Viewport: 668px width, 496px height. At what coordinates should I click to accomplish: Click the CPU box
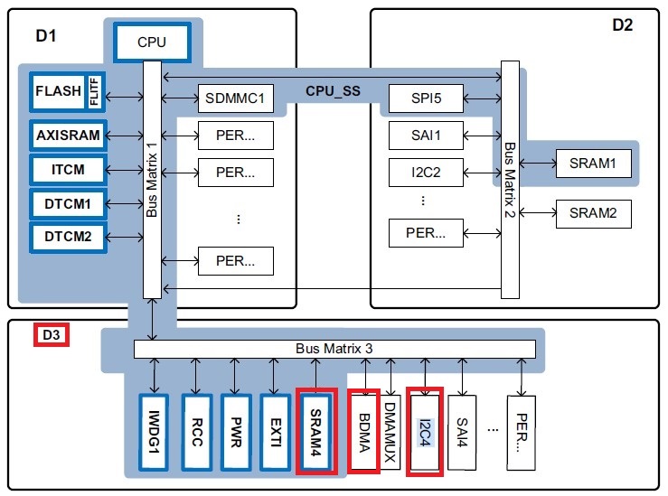152,42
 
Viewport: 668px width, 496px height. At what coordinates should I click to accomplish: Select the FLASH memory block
58,92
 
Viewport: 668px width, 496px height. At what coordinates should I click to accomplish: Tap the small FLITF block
95,92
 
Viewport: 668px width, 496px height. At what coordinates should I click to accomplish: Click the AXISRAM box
68,135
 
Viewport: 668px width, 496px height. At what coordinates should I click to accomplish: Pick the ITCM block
68,169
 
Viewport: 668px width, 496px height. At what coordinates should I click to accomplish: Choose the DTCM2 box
68,238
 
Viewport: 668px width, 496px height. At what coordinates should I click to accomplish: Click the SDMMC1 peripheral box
235,97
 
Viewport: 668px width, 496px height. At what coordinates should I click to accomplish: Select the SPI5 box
426,97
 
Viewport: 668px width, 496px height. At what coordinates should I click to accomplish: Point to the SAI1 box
426,135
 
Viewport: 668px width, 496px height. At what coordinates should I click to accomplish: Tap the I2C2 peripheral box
426,169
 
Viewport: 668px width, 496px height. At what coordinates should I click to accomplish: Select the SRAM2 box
593,213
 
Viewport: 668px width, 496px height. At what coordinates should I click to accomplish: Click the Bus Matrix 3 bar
334,349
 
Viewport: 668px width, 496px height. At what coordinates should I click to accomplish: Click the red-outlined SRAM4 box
315,432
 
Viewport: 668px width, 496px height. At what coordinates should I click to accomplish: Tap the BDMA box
363,432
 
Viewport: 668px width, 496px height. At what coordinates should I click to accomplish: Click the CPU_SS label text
334,90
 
